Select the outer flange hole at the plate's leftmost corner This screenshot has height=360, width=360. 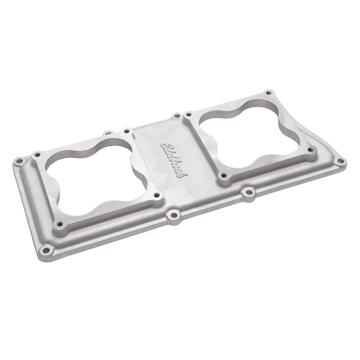(19, 161)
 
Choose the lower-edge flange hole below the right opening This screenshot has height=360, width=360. (249, 193)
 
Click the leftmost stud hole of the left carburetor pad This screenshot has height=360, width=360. (37, 154)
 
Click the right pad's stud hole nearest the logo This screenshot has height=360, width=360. (188, 114)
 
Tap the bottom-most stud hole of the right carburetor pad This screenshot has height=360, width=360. (222, 176)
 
